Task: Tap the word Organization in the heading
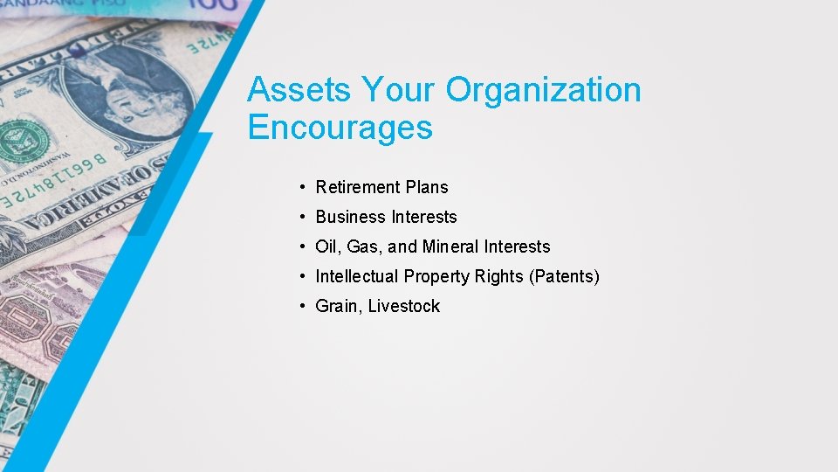544,90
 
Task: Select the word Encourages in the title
340,128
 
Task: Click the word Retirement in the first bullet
358,187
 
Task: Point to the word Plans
427,187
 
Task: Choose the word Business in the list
350,217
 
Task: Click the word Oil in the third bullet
328,246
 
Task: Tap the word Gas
365,246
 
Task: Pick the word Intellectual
355,276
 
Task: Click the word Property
434,277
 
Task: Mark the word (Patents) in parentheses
564,277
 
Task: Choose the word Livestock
404,306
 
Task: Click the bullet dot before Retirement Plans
299,187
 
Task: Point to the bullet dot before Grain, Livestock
299,306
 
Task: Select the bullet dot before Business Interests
299,217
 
